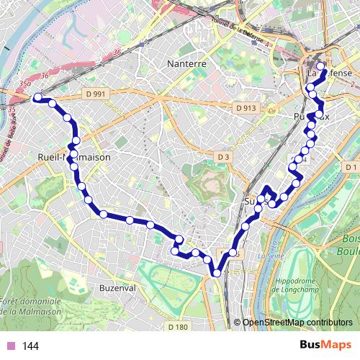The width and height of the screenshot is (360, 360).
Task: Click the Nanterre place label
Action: (x=186, y=63)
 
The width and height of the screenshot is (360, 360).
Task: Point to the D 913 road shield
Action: (x=246, y=108)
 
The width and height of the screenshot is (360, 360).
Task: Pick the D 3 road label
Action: (x=223, y=156)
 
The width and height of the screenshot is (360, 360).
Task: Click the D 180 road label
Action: (x=177, y=327)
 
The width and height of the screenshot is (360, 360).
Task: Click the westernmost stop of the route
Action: (x=37, y=97)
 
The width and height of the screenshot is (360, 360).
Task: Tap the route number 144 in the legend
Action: (x=30, y=346)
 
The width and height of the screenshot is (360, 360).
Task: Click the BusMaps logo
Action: (x=321, y=346)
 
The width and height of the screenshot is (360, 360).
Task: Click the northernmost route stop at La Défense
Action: (x=320, y=67)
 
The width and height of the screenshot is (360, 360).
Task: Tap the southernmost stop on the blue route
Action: (x=215, y=272)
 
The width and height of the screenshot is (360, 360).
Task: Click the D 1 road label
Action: (x=351, y=168)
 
